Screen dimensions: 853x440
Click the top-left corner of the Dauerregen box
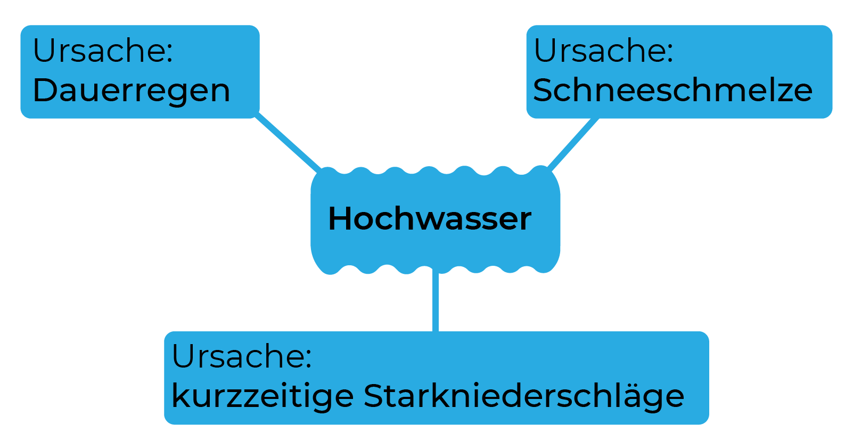[21, 26]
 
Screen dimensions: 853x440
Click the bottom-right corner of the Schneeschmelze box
[832, 118]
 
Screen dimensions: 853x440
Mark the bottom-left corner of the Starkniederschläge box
[165, 423]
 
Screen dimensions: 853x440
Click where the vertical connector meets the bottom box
[436, 331]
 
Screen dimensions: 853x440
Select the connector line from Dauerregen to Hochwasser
[288, 142]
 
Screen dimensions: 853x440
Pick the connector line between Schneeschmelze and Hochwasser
[572, 144]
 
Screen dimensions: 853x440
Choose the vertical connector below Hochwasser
[436, 300]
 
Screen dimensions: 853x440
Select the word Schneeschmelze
[672, 90]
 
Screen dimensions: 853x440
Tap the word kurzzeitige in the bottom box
[263, 396]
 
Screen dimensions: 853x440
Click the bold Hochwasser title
[430, 218]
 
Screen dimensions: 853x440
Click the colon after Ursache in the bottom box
[308, 359]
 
